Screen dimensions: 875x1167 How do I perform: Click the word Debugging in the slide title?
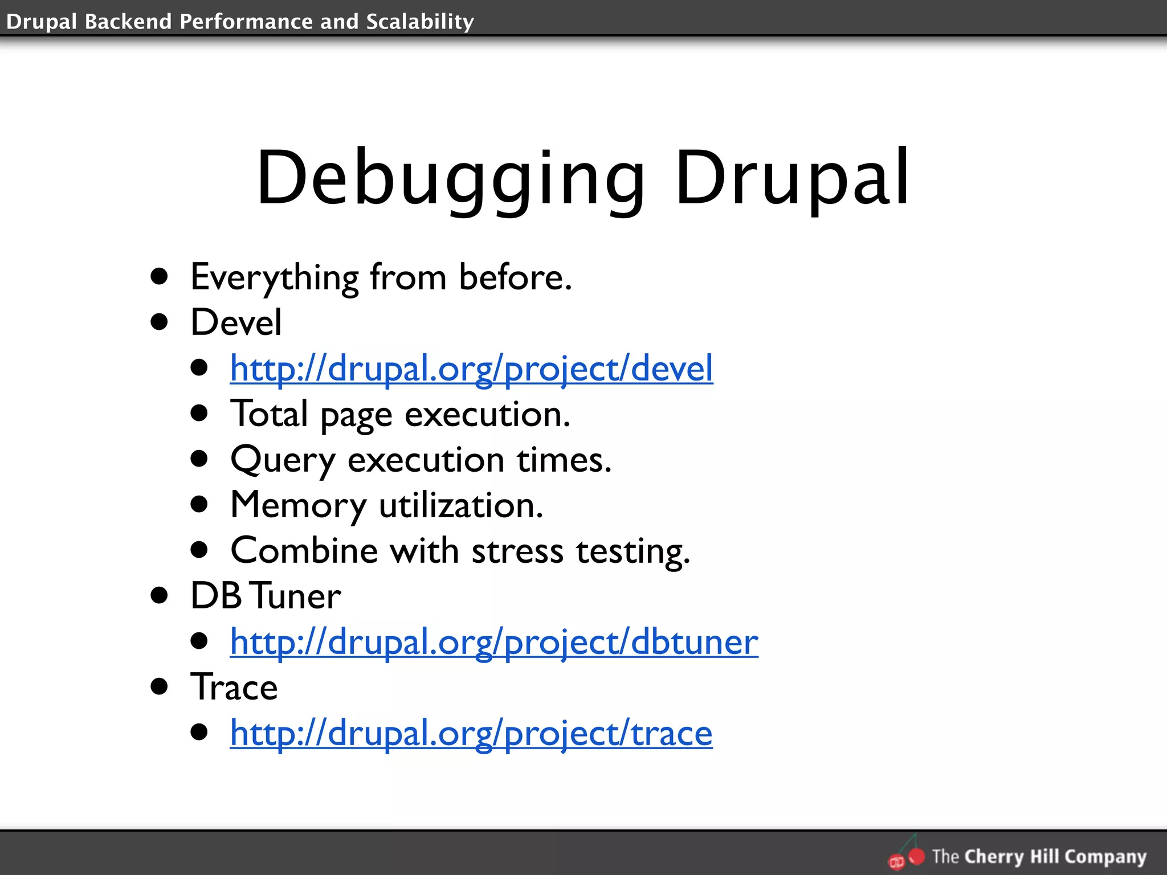(x=450, y=178)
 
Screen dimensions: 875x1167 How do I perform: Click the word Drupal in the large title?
(x=792, y=178)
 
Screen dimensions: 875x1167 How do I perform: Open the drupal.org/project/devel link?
(x=471, y=369)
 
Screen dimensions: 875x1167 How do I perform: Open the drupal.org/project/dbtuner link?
(x=494, y=642)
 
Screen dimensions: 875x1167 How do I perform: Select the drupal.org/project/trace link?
(x=471, y=733)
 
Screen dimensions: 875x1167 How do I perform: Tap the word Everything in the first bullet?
(x=274, y=278)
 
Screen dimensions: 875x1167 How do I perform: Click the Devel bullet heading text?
(x=236, y=322)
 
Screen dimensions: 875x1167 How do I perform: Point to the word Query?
(x=283, y=460)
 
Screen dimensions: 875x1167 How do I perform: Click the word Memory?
(x=298, y=505)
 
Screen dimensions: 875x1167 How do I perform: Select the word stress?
(x=517, y=551)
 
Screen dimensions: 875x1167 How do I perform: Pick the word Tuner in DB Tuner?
(x=296, y=596)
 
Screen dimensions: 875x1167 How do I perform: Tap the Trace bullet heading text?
(x=234, y=688)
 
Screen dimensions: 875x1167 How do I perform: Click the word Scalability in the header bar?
(x=420, y=22)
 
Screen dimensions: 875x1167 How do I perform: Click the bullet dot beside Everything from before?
(x=160, y=277)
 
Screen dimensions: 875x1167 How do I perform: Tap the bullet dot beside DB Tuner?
(x=160, y=596)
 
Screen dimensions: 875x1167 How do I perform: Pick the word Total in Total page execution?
(x=269, y=414)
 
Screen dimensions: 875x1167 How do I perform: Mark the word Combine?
(x=304, y=551)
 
